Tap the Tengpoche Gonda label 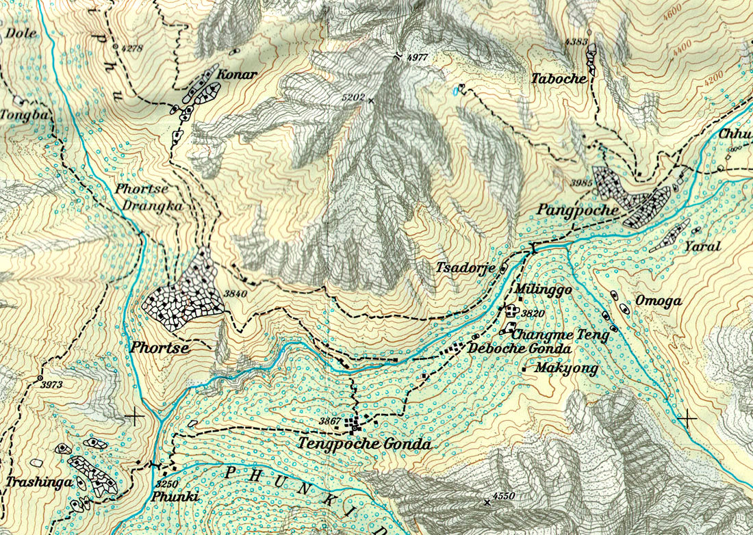[x=364, y=444]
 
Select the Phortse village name [x=158, y=348]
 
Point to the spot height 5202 [x=353, y=98]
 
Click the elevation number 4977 [x=416, y=57]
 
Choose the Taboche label [x=559, y=79]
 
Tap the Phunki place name [x=175, y=497]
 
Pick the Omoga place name [x=658, y=300]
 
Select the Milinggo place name [x=544, y=290]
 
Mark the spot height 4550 [x=503, y=496]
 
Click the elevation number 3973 [x=51, y=384]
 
